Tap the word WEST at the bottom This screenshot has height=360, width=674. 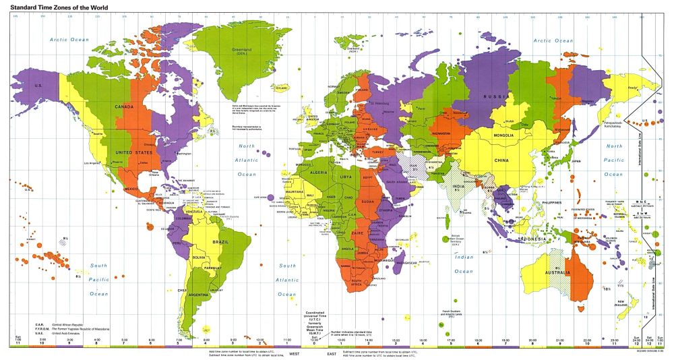pos(295,353)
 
